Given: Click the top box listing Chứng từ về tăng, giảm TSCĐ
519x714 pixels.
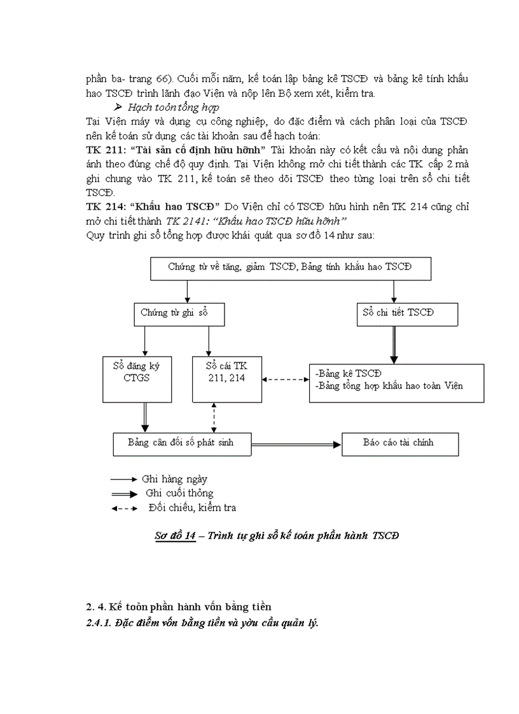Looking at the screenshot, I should pos(290,268).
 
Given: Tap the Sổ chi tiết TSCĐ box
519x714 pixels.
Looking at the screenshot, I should pos(399,313).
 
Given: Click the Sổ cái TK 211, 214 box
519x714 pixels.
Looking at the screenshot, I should pos(227,378).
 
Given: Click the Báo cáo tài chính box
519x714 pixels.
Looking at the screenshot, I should pos(399,443).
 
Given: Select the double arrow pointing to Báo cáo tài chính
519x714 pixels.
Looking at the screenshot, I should pos(296,444).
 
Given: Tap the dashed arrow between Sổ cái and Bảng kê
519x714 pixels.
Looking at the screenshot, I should pos(286,380).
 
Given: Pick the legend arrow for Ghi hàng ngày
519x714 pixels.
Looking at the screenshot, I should pos(123,479).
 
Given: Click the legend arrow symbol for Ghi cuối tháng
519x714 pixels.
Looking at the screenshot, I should pos(123,493).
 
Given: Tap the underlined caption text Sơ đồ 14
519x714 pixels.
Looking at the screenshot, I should pos(176,536).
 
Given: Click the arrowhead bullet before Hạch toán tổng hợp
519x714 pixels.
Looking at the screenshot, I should pos(119,107).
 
